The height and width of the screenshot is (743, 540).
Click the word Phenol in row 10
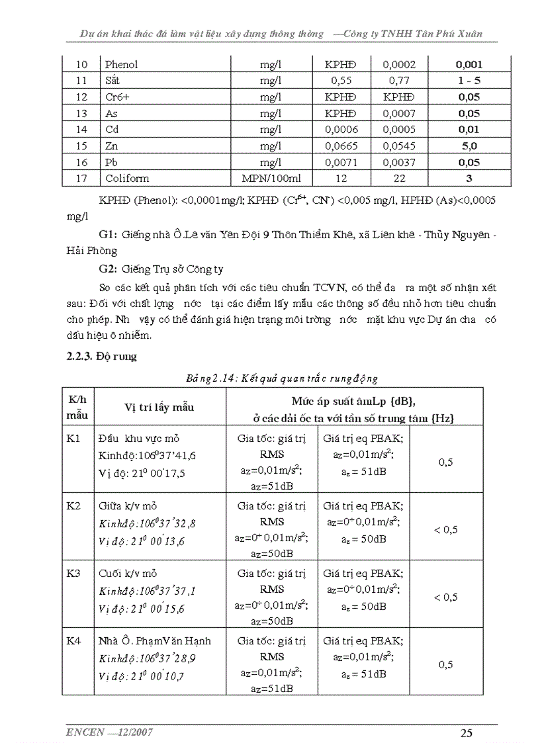tap(121, 65)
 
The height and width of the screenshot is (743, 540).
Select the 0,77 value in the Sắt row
tap(399, 81)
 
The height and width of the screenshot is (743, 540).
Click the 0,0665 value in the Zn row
tap(339, 146)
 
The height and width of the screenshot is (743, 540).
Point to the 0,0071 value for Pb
tap(339, 162)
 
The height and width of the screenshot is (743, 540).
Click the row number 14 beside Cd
tap(81, 130)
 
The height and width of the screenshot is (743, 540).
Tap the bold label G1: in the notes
tap(108, 235)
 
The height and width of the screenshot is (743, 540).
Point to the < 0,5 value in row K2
tap(445, 530)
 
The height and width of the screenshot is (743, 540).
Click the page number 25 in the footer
tap(466, 732)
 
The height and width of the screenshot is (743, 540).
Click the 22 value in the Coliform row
tap(399, 178)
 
